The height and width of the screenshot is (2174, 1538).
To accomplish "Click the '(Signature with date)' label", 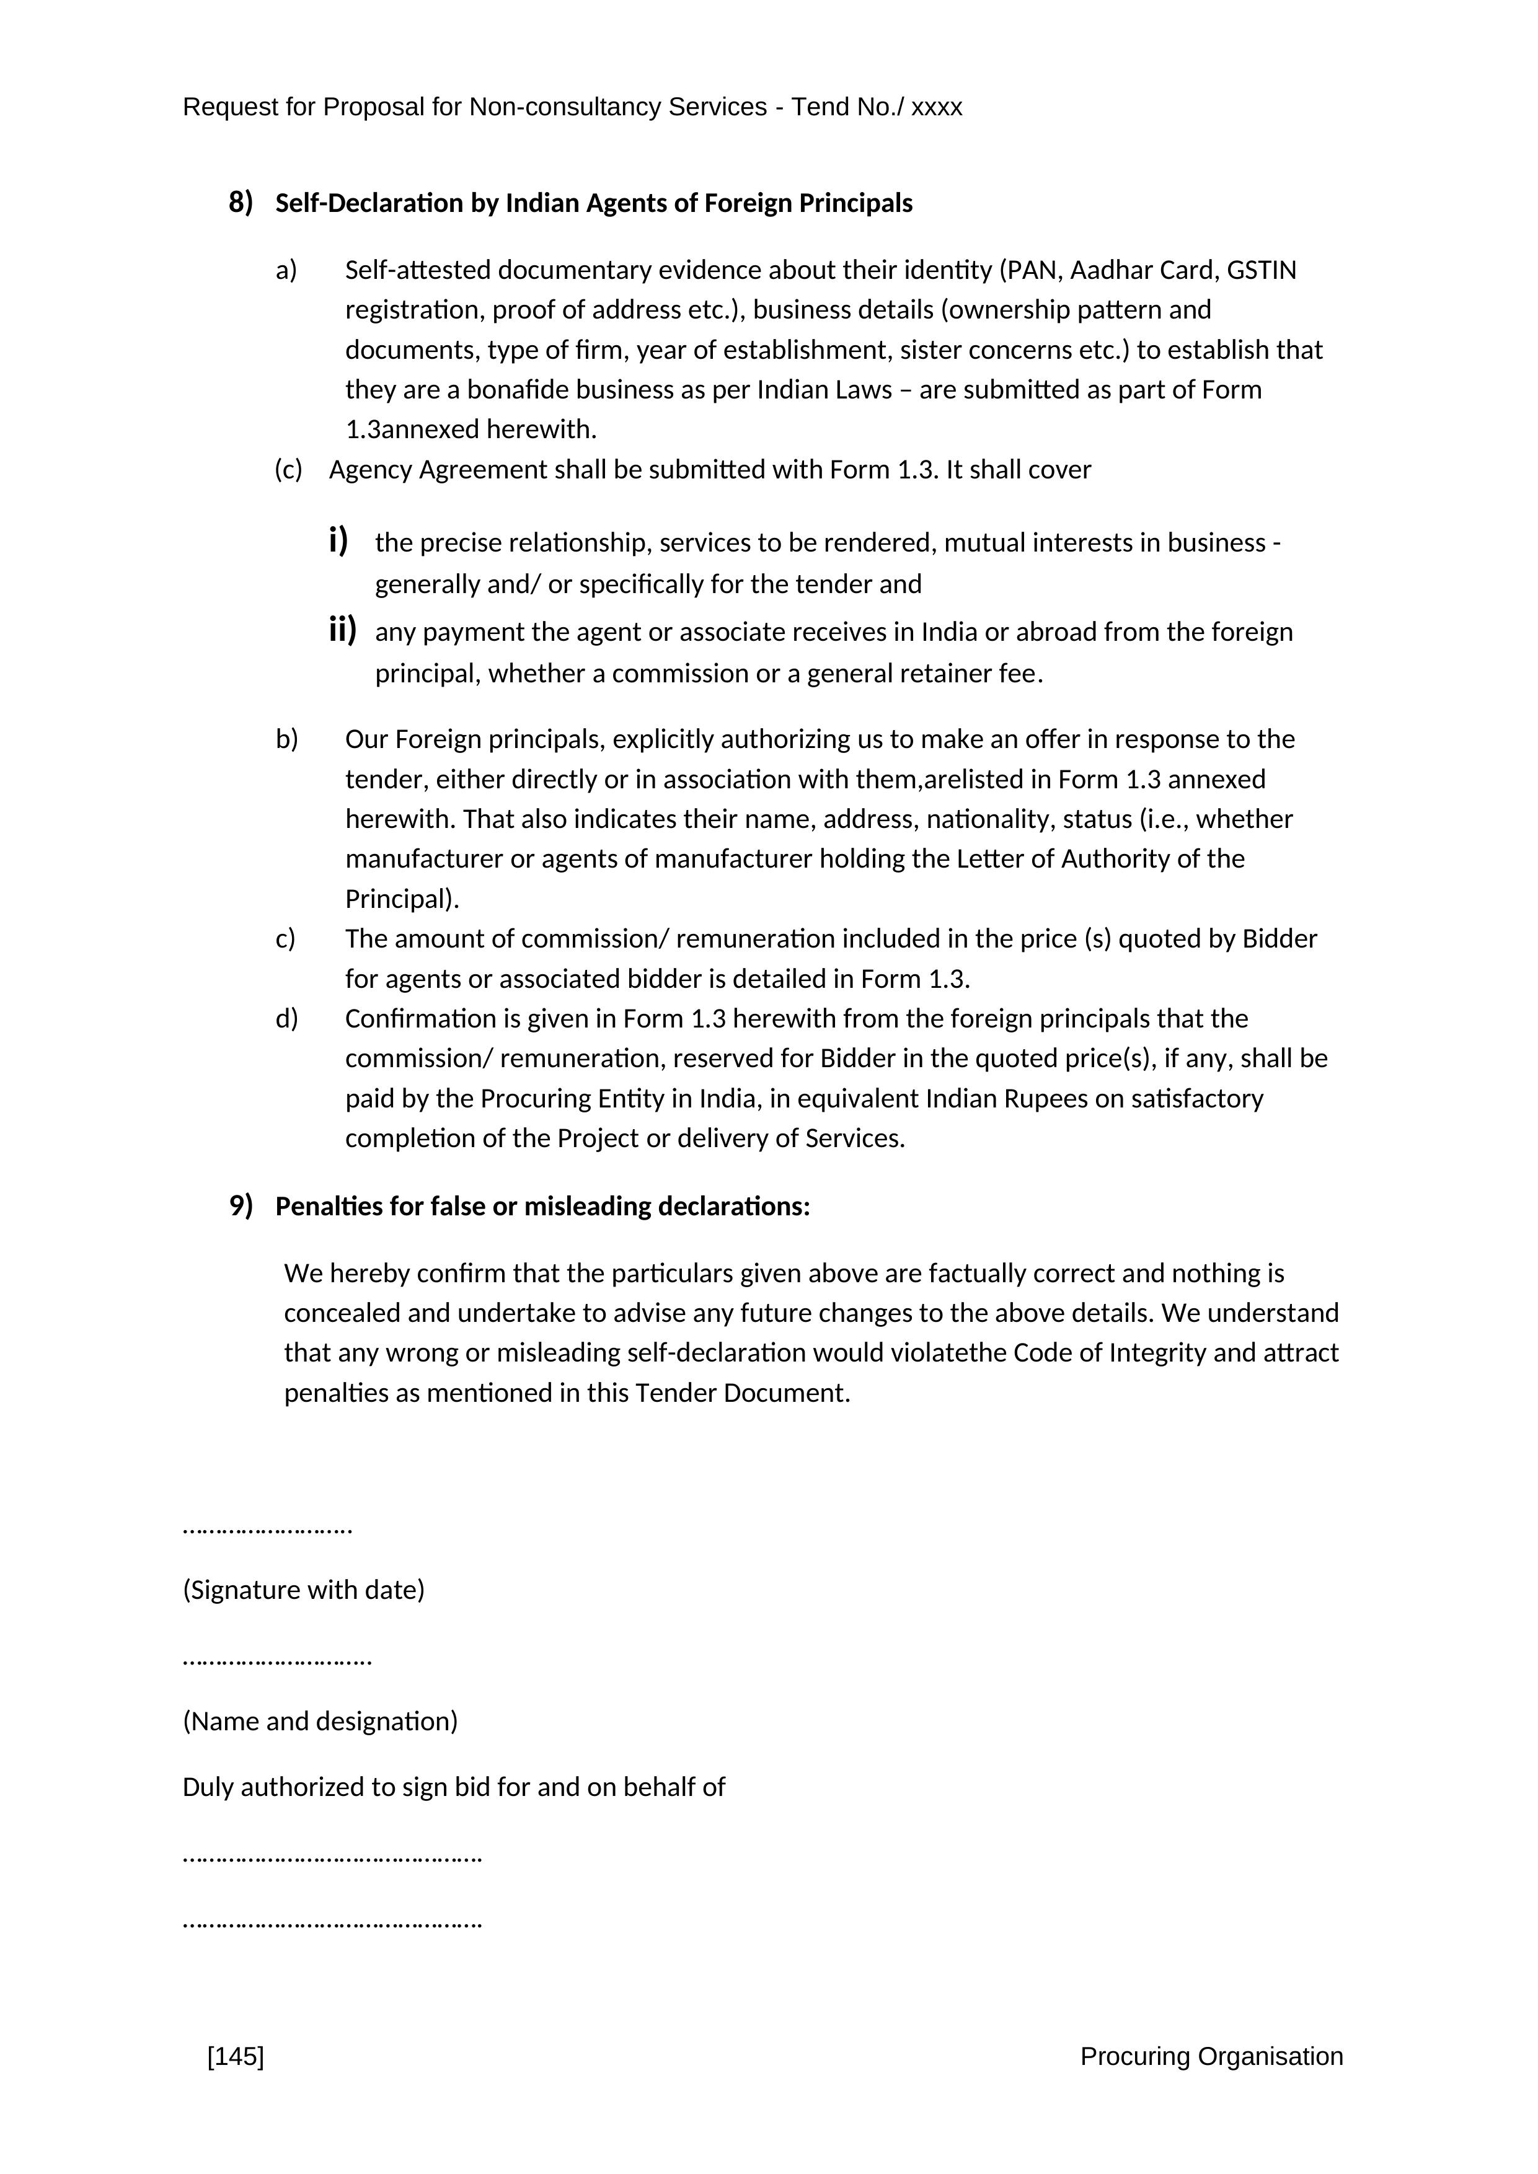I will pyautogui.click(x=303, y=1590).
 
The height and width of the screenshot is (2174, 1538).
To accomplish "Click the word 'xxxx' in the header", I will pyautogui.click(x=937, y=108).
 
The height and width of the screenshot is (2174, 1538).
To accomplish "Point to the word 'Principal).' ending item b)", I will pyautogui.click(x=402, y=899).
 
